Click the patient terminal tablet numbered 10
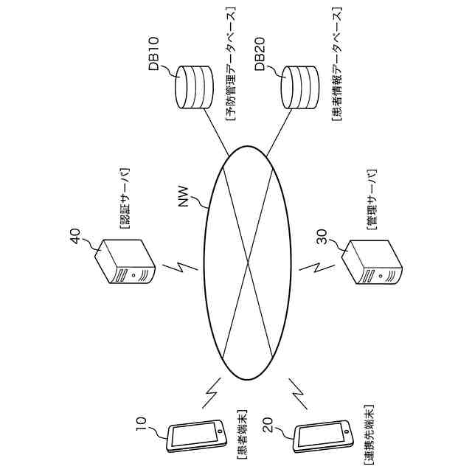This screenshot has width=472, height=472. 196,437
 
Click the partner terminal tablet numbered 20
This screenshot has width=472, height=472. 322,437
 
